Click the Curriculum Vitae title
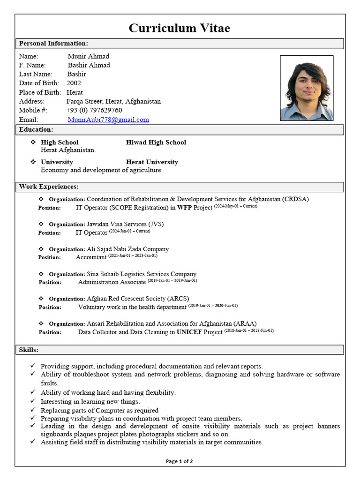[x=180, y=28]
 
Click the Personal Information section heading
[x=53, y=44]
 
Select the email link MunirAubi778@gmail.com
[x=108, y=120]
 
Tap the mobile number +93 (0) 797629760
[x=94, y=110]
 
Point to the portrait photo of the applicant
[x=307, y=88]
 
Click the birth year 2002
[x=74, y=83]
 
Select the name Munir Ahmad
[x=88, y=56]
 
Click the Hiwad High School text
[x=156, y=142]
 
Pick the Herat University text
[x=152, y=162]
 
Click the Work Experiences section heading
[x=49, y=187]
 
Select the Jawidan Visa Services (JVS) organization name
[x=125, y=224]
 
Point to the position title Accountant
[x=91, y=257]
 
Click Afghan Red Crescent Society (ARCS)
[x=138, y=299]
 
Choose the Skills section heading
[x=29, y=350]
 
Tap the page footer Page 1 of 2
[x=180, y=461]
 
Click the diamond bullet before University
[x=33, y=162]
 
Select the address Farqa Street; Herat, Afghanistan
[x=113, y=101]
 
